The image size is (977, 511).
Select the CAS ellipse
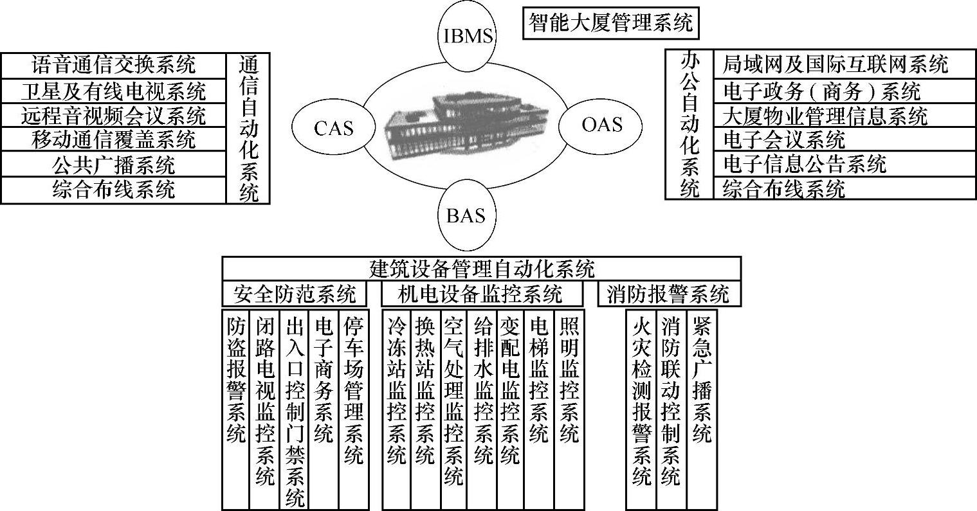pos(333,128)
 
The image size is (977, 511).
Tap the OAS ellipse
pos(602,124)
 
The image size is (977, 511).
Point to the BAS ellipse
pos(466,215)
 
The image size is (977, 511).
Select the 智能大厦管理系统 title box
pos(610,23)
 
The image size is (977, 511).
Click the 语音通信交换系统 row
pos(113,65)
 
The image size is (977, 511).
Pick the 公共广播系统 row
pos(113,165)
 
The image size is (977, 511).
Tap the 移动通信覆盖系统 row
pos(113,139)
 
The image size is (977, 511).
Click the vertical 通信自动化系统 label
pos(248,128)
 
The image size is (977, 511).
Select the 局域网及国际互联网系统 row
pos(835,64)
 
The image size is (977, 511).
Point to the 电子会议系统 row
pos(783,139)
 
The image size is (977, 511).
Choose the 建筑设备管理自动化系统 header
pos(482,267)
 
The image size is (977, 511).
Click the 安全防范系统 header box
pos(295,294)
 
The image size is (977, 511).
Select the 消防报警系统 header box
pos(668,294)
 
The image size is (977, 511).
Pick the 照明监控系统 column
pos(569,379)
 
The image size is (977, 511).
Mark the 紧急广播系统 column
pos(702,379)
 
